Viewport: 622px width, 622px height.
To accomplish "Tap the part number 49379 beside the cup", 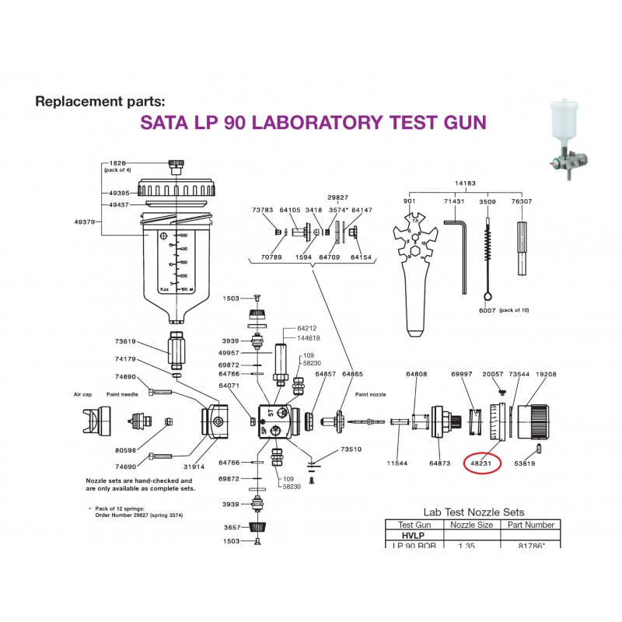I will (x=84, y=221).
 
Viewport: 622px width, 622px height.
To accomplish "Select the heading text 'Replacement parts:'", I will (x=100, y=101).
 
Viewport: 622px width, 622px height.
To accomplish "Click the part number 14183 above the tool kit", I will (x=466, y=183).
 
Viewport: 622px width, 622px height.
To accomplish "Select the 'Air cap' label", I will (x=84, y=394).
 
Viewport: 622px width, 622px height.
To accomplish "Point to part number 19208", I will (x=547, y=374).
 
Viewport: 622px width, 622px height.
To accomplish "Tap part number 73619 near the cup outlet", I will (x=126, y=341).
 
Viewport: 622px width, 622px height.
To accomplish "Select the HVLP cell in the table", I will (x=411, y=536).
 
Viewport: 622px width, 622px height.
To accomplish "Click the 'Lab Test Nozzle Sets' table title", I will (x=473, y=512).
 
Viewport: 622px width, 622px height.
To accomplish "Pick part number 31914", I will (x=194, y=466).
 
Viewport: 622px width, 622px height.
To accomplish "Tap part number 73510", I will (x=351, y=449).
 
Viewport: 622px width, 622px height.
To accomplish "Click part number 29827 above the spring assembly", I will (x=338, y=198).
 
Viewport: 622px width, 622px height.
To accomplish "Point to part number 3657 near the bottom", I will (x=233, y=527).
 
